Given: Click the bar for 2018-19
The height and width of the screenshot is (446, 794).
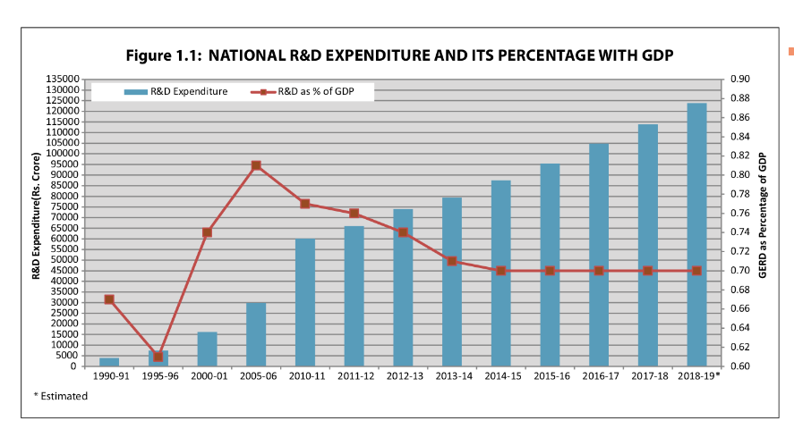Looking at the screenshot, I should point(696,234).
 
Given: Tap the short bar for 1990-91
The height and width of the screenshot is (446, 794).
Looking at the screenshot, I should point(109,361).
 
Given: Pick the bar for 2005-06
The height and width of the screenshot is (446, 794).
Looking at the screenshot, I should point(256,334).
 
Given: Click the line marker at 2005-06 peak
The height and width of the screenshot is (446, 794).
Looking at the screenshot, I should point(256,165).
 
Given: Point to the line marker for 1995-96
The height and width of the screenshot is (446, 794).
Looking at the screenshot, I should point(158,357).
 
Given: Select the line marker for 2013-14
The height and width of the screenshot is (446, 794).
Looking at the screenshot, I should point(452,261).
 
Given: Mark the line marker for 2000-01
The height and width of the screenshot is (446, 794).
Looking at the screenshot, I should point(207,232).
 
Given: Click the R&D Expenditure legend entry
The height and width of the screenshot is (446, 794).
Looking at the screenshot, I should point(175,92).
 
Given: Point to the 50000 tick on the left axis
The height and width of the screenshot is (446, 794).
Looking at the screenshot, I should point(62,260).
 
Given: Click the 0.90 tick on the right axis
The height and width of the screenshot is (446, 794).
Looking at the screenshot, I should point(739,80).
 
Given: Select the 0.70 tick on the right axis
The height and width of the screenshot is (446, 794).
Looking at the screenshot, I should point(739,271).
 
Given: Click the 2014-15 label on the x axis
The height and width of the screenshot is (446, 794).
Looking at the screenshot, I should point(501,376).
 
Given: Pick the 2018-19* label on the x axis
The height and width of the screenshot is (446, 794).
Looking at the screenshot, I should point(699,376).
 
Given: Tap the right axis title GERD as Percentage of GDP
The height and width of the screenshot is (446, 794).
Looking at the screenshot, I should point(764,215).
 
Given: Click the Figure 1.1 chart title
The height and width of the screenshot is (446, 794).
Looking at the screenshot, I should point(398,55).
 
